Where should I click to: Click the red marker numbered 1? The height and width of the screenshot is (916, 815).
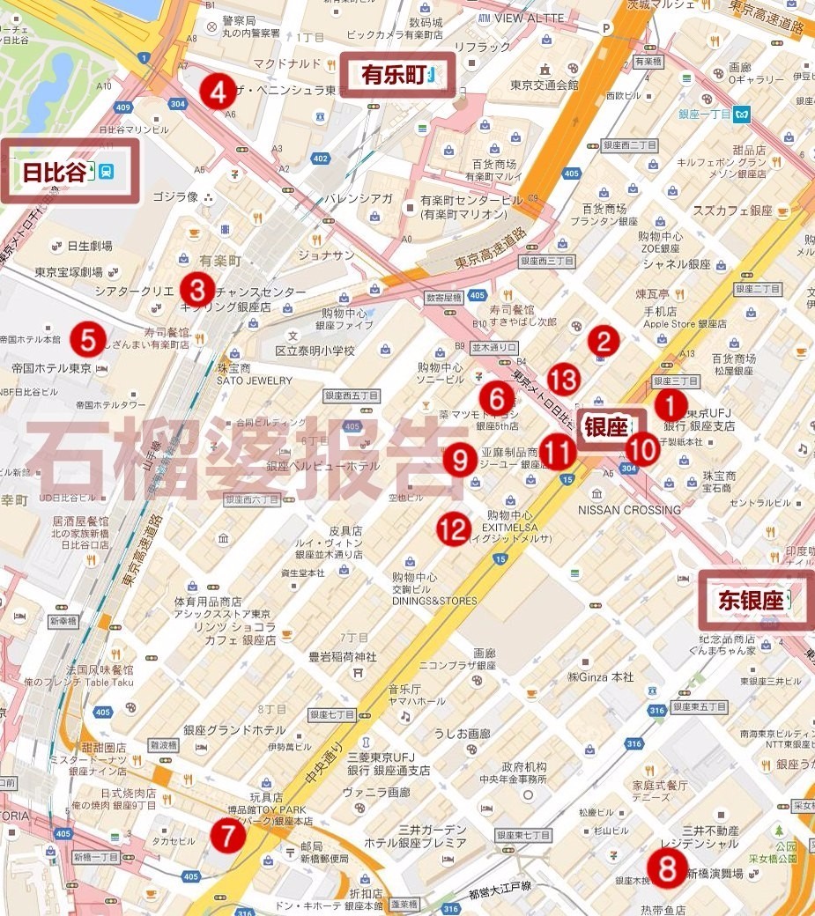pos(670,406)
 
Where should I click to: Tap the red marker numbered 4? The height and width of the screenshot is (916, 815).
pos(217,91)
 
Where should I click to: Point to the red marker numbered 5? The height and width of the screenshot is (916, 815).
pos(88,336)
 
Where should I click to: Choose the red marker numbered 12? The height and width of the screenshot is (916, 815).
pos(454,528)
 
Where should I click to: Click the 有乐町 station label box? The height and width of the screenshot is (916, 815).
pos(398,75)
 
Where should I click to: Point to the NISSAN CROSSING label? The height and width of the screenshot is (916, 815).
pos(629,510)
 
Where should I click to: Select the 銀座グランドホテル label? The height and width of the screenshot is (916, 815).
pos(234,730)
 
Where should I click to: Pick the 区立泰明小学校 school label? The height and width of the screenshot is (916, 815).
pos(315,351)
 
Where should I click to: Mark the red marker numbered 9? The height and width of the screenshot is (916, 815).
pos(459,459)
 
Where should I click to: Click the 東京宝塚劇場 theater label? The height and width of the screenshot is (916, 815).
pos(69,272)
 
